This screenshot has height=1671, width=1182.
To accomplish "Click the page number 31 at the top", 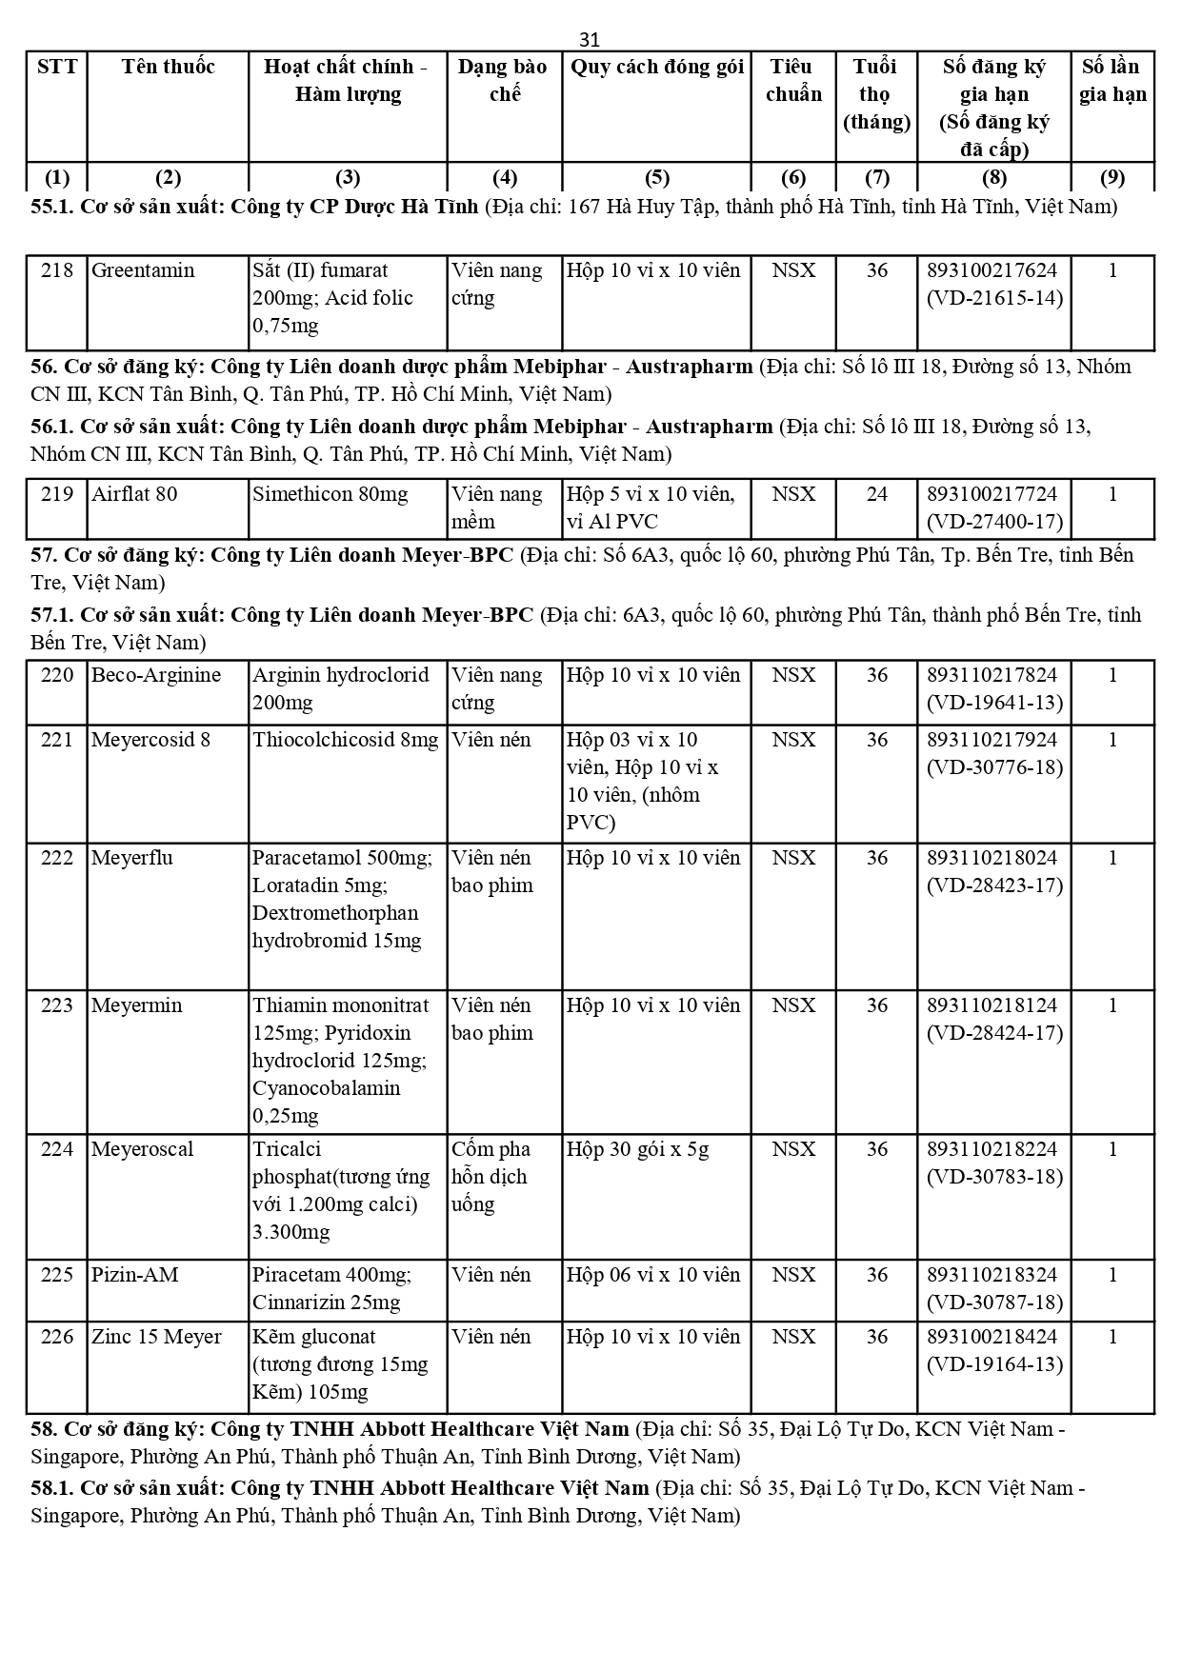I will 590,39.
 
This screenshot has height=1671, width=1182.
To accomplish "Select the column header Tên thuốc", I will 168,67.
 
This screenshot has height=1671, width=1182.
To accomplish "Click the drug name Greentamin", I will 143,270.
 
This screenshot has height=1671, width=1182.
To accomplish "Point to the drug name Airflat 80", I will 134,494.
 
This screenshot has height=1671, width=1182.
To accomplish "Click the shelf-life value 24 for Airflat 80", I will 876,494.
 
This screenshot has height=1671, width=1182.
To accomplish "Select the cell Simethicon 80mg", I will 330,494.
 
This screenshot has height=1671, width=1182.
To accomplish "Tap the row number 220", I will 57,675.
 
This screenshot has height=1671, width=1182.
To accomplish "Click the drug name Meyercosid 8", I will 150,740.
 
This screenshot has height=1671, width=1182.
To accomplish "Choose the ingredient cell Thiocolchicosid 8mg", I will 346,740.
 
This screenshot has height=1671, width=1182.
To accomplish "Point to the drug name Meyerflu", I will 132,858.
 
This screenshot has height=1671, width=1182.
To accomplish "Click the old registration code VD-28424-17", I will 994,1033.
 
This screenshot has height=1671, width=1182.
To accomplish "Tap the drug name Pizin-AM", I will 134,1275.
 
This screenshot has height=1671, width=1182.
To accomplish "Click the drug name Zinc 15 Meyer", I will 156,1337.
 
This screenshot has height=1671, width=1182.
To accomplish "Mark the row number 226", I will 57,1337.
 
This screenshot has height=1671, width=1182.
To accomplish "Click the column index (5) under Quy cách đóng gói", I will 657,177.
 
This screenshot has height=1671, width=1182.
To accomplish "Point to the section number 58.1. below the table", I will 53,1487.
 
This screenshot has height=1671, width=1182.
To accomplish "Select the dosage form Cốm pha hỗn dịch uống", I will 491,1177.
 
